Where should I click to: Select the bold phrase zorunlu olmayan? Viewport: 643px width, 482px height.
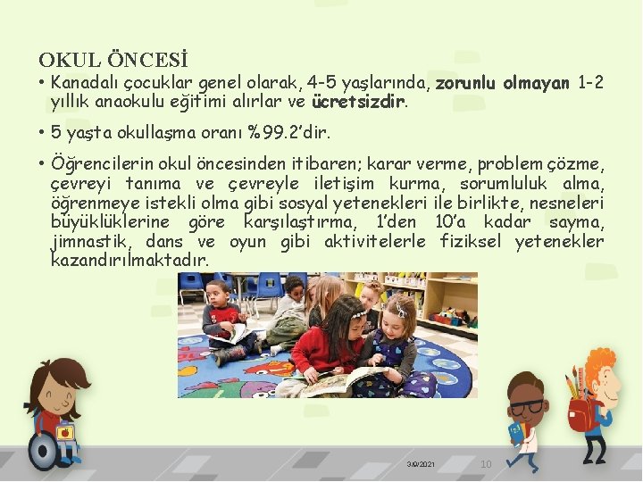pos(503,83)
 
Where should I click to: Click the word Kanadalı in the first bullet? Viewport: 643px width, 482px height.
pos(82,83)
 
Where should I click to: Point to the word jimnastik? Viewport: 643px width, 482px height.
pos(90,241)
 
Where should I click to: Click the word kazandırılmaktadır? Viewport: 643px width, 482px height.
pos(129,261)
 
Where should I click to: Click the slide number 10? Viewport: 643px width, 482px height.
pos(486,464)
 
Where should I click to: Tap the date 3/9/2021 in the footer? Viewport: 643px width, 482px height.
pos(421,465)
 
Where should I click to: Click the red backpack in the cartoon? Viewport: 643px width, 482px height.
pos(583,413)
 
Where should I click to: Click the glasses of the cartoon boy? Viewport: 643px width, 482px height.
pos(531,407)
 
